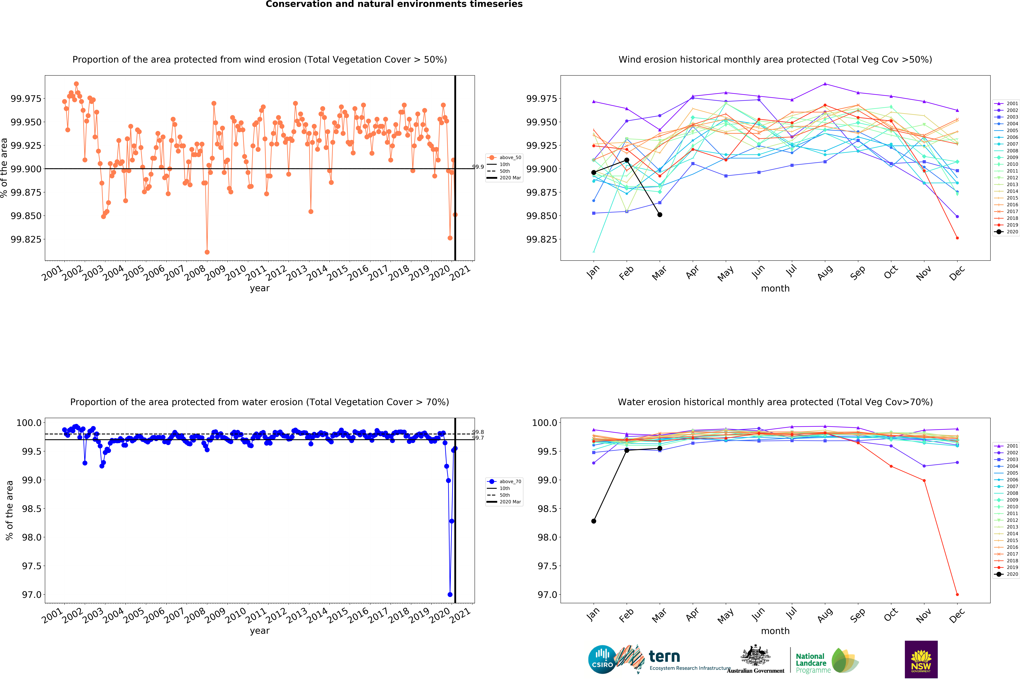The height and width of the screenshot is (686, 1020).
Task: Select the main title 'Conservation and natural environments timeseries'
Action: (394, 4)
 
